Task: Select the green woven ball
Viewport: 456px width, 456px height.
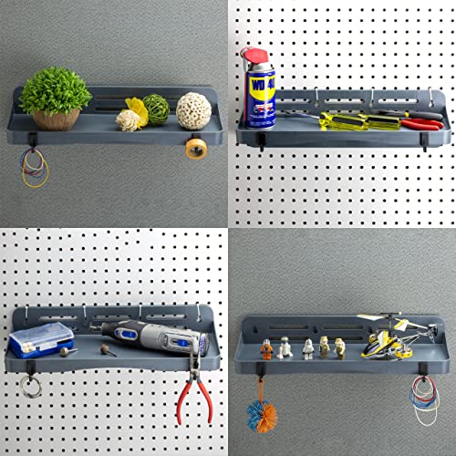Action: click(x=157, y=109)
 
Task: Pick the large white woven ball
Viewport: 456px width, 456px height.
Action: click(x=193, y=110)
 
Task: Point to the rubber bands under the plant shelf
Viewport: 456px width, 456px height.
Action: click(x=34, y=167)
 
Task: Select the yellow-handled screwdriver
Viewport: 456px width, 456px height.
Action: click(x=351, y=119)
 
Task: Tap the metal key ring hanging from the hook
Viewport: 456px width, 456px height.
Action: click(x=31, y=385)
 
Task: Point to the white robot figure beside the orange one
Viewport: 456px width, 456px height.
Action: click(x=284, y=347)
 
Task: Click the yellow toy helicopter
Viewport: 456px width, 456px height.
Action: click(x=388, y=338)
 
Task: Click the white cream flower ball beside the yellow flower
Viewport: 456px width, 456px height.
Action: click(x=129, y=119)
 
